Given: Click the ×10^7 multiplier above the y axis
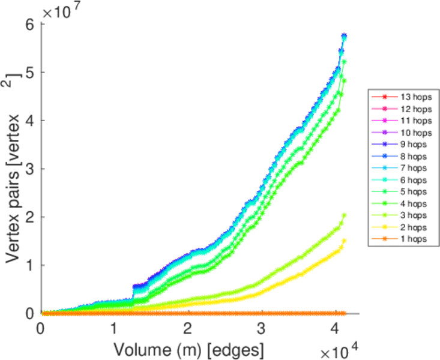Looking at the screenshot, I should tap(62, 11).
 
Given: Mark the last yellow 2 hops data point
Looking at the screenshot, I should tap(344, 241).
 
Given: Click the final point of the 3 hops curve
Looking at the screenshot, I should tap(344, 215).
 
